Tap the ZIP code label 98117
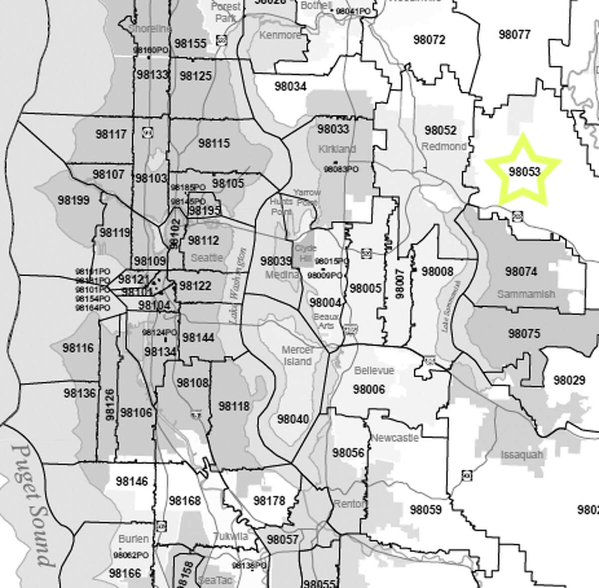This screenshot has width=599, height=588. coord(111,134)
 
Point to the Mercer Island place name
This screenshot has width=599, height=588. coord(298,355)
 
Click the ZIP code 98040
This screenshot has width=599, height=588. coord(293,419)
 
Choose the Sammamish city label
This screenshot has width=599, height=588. coord(526,294)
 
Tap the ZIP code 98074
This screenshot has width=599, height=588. coord(521,271)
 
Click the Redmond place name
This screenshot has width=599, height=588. coord(444,146)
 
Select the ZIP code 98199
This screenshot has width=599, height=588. coord(73,200)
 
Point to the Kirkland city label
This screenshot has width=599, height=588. coord(337,148)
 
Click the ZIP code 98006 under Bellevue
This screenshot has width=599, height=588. coord(369,389)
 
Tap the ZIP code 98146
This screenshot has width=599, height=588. coord(132,481)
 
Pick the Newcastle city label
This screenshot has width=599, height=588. coord(395,438)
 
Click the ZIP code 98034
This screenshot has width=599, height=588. coord(291,86)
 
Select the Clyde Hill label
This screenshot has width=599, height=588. coord(305,252)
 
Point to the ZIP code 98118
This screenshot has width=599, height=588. coord(234,406)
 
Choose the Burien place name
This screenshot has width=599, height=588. coord(133,539)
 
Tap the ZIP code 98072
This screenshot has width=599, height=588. coord(429,39)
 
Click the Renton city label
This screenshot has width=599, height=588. coord(350,504)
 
